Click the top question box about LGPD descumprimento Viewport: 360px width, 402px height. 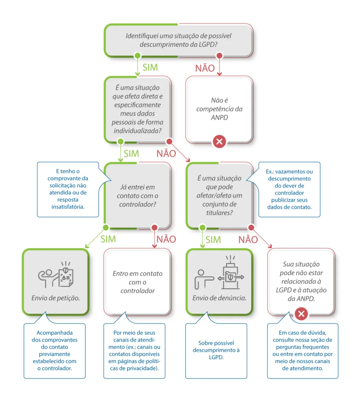178,40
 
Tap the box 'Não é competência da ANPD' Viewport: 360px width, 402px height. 219,109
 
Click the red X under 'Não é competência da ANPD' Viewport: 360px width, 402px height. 219,141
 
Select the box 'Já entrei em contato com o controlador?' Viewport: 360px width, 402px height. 137,195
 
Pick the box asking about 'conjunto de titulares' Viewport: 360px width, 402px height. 219,195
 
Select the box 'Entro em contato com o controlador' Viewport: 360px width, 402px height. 137,281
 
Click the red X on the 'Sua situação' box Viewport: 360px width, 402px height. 301,314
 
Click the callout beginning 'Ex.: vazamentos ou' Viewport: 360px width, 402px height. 289,189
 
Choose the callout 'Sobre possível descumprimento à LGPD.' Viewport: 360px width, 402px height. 216,350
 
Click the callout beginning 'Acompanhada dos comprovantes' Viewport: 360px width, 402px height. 54,350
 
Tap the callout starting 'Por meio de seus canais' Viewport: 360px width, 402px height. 134,350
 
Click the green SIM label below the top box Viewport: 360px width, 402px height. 150,67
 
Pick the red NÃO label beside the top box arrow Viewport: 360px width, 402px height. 205,68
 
